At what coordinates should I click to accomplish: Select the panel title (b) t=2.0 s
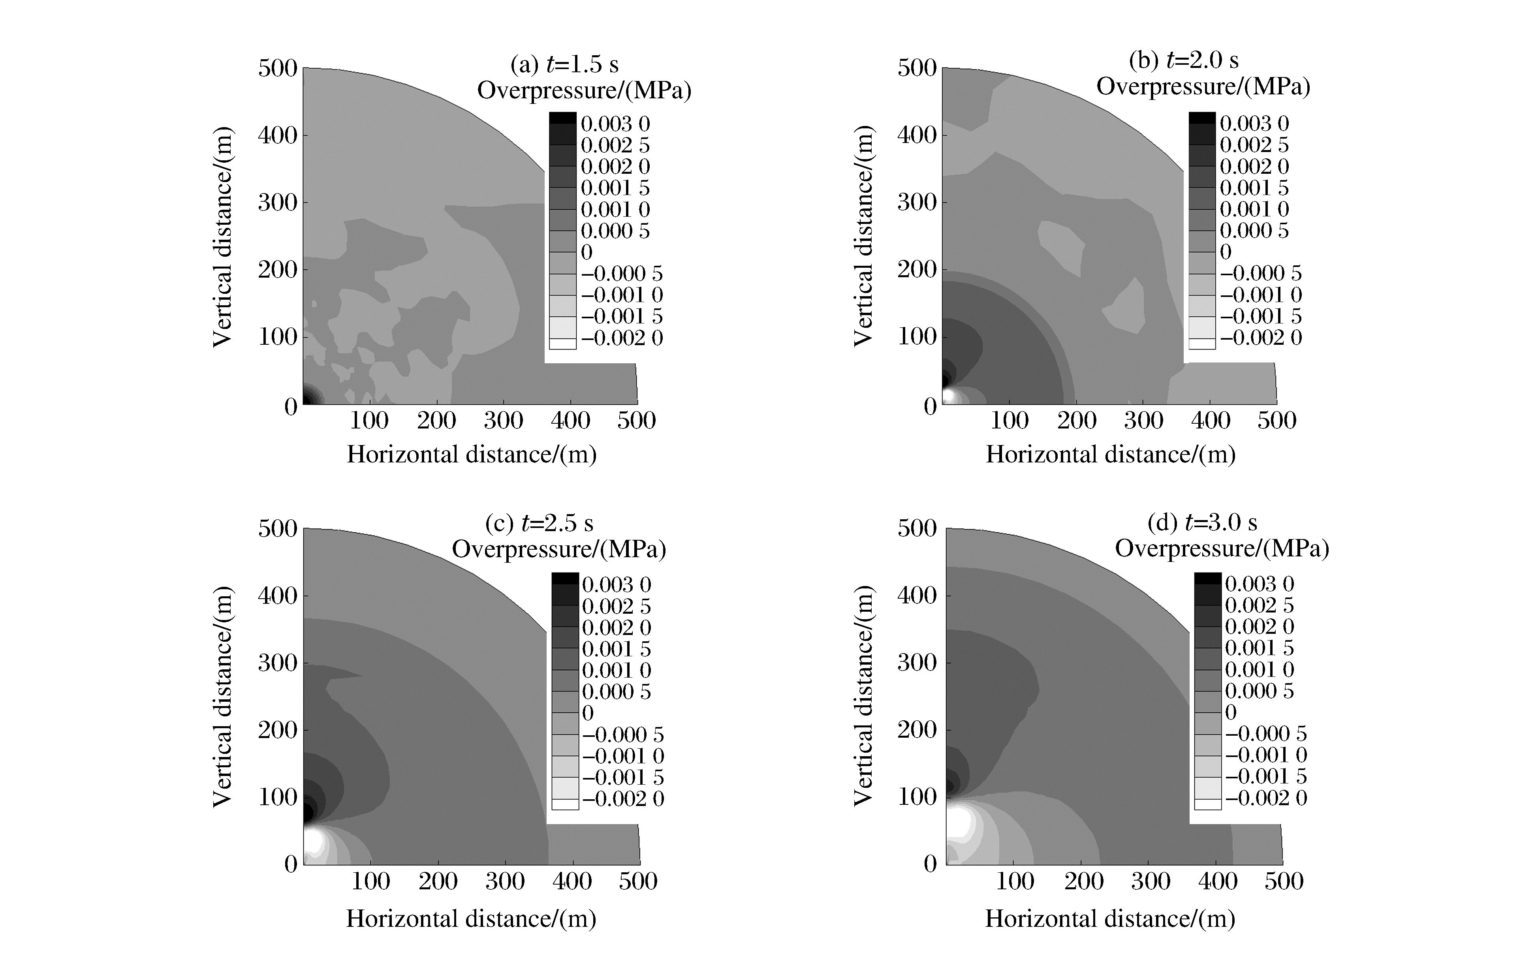coord(1183,60)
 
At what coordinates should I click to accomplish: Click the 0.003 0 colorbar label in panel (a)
coord(615,124)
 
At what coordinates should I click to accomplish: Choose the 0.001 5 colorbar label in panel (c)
coord(616,649)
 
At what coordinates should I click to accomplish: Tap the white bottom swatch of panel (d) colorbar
coord(1207,804)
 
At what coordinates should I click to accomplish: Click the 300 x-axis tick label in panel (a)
coord(504,421)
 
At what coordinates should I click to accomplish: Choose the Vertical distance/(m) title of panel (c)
coord(222,697)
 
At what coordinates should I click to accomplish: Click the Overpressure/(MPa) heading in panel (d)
coord(1222,548)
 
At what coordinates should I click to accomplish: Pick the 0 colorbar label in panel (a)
coord(587,252)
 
